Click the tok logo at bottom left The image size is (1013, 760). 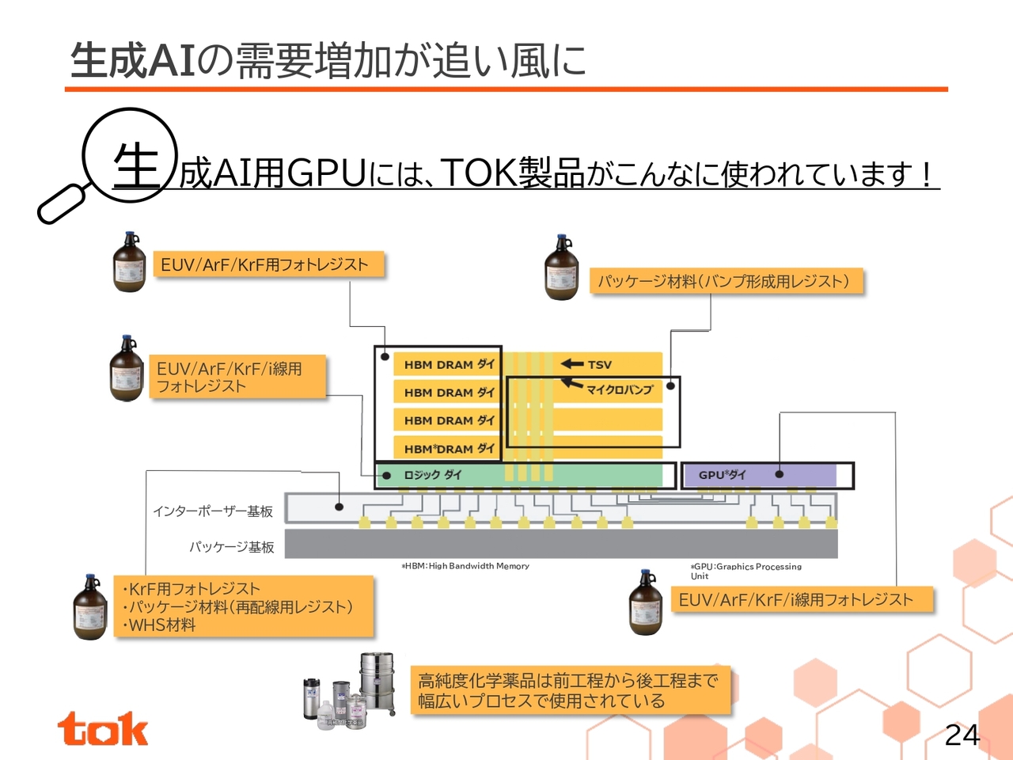(x=102, y=729)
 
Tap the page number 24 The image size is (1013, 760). (x=962, y=735)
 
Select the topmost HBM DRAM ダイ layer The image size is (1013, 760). (x=449, y=364)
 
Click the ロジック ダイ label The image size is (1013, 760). (x=432, y=475)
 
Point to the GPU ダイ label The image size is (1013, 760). (x=722, y=475)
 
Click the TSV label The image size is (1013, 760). (x=599, y=365)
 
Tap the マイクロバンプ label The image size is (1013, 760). (x=620, y=389)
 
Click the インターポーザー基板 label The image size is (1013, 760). (x=213, y=511)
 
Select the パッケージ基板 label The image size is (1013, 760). (x=231, y=547)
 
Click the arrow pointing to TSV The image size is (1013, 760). (x=572, y=364)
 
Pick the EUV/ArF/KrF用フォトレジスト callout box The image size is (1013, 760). (x=267, y=264)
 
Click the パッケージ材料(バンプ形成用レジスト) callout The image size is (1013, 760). (x=725, y=281)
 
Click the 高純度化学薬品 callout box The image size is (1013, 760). (x=569, y=690)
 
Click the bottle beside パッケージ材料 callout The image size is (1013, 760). (x=562, y=268)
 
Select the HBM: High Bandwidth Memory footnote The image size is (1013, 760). (x=465, y=566)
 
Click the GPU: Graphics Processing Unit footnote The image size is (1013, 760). (x=745, y=571)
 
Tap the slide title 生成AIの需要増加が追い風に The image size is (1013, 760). (x=328, y=60)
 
